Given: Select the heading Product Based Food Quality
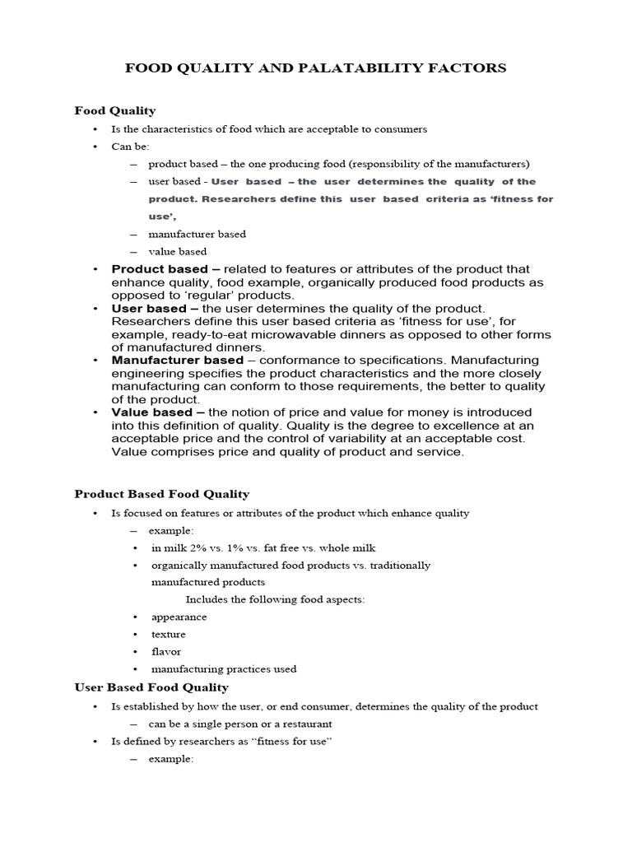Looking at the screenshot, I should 161,494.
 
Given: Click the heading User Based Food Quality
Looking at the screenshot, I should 151,687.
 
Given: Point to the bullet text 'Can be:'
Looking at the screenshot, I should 130,147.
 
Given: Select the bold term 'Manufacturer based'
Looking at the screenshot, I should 178,360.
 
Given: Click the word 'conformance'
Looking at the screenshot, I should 295,360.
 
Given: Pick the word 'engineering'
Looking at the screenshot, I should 144,373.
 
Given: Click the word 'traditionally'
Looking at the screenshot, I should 400,565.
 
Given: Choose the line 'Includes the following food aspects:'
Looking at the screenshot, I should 275,599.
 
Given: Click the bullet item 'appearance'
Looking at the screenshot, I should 179,617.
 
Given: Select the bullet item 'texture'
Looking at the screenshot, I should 169,634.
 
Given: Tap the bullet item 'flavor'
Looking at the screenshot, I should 166,651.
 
